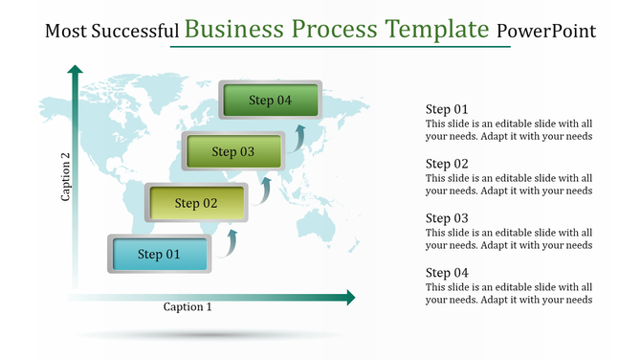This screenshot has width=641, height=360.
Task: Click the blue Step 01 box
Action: [160, 255]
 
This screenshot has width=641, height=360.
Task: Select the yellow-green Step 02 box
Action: [197, 203]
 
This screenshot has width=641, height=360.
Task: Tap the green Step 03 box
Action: [233, 151]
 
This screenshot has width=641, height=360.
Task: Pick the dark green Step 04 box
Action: [271, 101]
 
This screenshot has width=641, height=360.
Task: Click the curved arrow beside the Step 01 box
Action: [230, 243]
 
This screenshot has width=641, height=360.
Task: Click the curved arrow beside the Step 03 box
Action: [300, 139]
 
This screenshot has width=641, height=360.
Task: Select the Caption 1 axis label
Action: [188, 307]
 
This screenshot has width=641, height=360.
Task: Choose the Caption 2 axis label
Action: [65, 178]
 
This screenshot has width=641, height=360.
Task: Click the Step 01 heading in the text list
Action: [447, 109]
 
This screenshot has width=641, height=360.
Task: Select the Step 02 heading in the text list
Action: [447, 164]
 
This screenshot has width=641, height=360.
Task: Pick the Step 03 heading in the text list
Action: [447, 218]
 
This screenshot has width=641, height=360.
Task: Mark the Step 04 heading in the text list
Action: [447, 273]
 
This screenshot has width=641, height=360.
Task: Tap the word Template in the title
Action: [438, 30]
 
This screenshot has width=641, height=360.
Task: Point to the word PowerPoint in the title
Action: [546, 32]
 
